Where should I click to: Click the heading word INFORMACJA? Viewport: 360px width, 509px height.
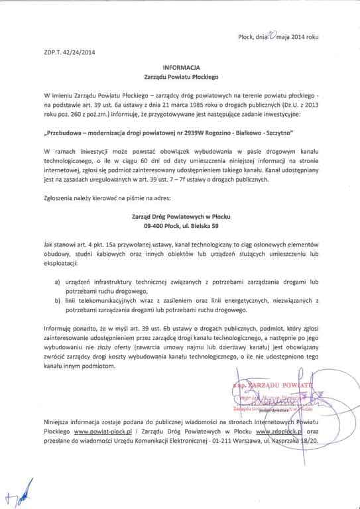[x=181, y=68]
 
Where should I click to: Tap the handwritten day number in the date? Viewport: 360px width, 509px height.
[x=274, y=36]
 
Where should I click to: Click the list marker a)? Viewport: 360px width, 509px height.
[x=58, y=280]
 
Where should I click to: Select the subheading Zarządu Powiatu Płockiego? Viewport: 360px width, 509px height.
[x=181, y=78]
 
